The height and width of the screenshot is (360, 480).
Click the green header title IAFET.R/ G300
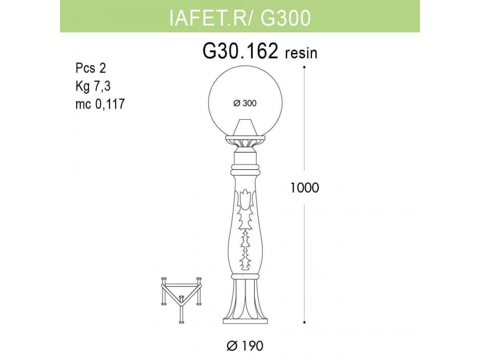(x=240, y=18)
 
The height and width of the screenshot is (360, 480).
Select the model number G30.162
(x=240, y=51)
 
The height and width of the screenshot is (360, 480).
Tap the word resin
(x=301, y=53)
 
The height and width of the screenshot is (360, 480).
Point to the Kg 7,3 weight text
(x=93, y=86)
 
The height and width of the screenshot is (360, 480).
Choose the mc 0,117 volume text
(x=100, y=104)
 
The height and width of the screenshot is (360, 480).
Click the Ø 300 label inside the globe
(x=245, y=103)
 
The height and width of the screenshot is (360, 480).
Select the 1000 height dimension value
(x=304, y=188)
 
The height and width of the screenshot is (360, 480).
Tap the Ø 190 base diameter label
(x=245, y=346)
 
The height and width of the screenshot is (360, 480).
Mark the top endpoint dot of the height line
(x=304, y=67)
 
